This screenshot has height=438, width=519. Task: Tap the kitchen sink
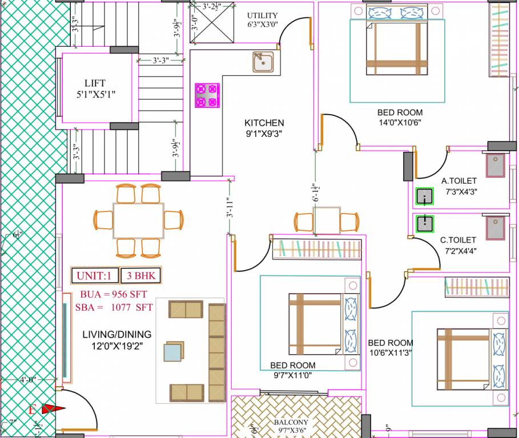click(x=263, y=62)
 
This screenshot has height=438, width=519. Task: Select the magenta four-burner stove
click(x=207, y=95)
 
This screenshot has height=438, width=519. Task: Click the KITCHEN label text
click(x=264, y=123)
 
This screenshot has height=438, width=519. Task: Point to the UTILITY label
click(x=263, y=15)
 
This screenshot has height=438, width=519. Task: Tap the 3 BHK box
click(x=140, y=276)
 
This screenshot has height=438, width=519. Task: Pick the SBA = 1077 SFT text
click(x=114, y=307)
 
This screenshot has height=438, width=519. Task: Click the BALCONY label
click(x=296, y=423)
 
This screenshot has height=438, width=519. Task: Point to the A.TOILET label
click(x=459, y=181)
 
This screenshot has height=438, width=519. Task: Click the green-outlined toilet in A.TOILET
click(x=424, y=197)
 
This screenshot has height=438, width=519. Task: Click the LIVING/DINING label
click(x=116, y=335)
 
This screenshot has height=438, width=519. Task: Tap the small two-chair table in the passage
click(x=327, y=220)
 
